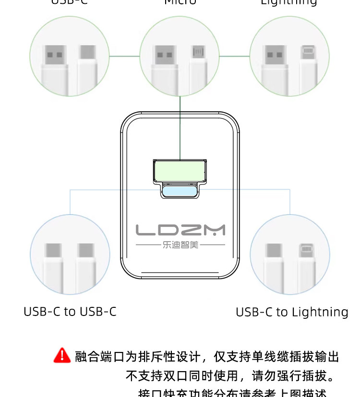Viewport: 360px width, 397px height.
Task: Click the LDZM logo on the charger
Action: coord(180,230)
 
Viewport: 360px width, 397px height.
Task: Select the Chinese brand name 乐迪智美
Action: coord(180,245)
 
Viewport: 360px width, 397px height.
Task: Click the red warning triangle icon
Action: coord(62,356)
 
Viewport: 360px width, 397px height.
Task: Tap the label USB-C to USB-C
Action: coord(70,312)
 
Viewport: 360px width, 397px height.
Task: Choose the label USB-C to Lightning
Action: coord(292,312)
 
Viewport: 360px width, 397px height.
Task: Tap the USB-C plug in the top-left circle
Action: coord(87,62)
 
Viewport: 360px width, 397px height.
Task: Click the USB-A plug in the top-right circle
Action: coord(274,62)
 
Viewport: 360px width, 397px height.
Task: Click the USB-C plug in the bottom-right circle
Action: coord(274,261)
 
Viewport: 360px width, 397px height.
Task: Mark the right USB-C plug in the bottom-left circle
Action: coord(86,261)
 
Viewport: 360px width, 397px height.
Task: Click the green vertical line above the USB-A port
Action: coord(180,127)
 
